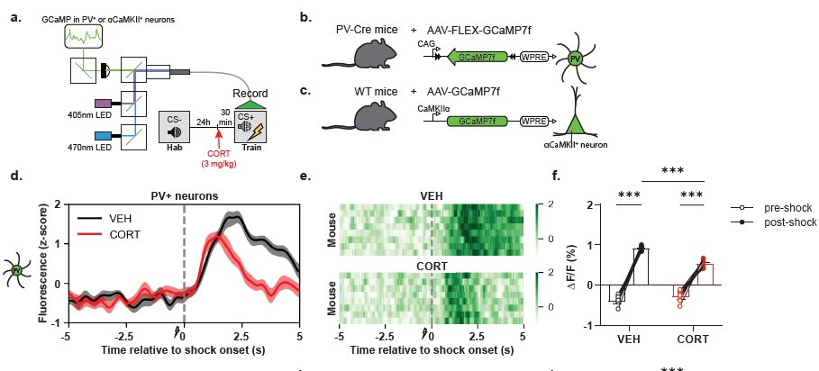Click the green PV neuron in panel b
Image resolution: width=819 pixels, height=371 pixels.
click(x=575, y=59)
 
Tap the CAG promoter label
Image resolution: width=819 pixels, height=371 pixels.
click(x=426, y=42)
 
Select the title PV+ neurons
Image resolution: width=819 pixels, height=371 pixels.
click(x=184, y=195)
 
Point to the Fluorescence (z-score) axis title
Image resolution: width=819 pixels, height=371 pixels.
click(x=43, y=262)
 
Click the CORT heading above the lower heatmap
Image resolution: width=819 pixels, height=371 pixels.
click(x=432, y=267)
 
